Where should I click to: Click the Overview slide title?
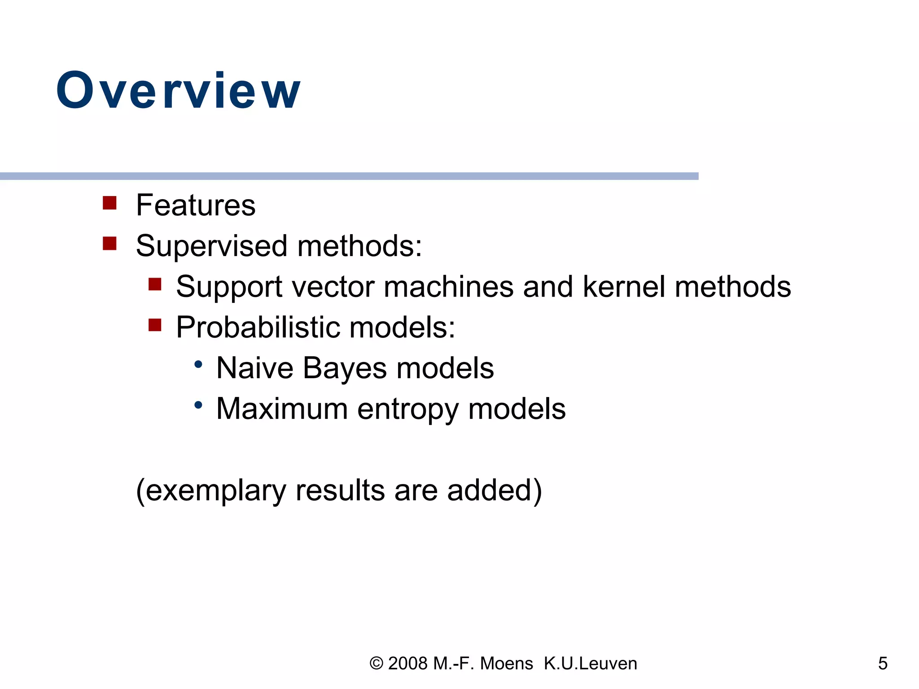(x=178, y=91)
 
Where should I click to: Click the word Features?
(x=196, y=205)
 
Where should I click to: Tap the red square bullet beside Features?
(x=109, y=203)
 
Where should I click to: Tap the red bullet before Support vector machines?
(x=155, y=284)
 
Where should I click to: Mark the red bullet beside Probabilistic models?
(x=155, y=325)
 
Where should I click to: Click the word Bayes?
(x=344, y=368)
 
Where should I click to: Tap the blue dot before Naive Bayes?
(x=198, y=364)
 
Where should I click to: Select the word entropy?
(x=407, y=409)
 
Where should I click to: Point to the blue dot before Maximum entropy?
(x=198, y=405)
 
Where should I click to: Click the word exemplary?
(x=216, y=490)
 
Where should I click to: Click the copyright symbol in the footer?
(x=376, y=663)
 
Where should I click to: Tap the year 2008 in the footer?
(x=407, y=663)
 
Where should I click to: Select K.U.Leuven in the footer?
(x=590, y=663)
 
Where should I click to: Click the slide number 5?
(x=883, y=663)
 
